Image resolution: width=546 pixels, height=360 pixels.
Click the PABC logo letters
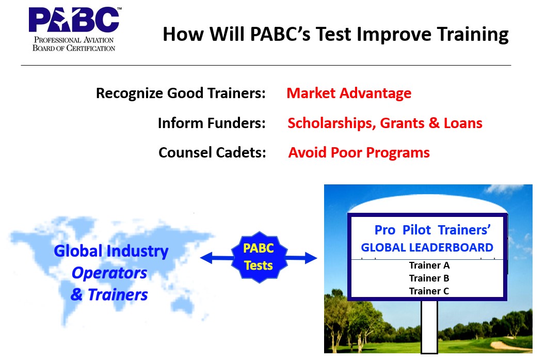[x=74, y=20]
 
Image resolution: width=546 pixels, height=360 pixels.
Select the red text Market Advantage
[x=349, y=93]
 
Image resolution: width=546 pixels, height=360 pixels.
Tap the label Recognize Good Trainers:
[x=181, y=93]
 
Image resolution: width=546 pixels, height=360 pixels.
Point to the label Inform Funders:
[x=212, y=123]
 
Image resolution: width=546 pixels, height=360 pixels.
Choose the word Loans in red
[x=463, y=123]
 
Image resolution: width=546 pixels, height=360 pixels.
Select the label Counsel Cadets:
[x=213, y=153]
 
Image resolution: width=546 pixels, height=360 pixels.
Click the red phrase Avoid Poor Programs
[x=359, y=153]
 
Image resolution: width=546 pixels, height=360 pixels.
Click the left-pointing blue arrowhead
[x=206, y=258]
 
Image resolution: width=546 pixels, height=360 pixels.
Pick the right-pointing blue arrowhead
[x=311, y=258]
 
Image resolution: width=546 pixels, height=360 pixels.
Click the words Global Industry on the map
[x=111, y=251]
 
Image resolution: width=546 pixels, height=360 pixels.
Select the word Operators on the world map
[x=109, y=273]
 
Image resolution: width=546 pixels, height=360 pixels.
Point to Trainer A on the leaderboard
[x=429, y=265]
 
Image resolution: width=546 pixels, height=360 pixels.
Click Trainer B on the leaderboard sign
[x=429, y=278]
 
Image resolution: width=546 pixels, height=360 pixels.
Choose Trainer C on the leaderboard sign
[x=429, y=291]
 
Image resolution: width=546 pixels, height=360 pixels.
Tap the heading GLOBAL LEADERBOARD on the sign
[x=427, y=247]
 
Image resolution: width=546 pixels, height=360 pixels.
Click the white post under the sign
[x=429, y=327]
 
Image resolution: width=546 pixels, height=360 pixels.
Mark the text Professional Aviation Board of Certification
[x=74, y=44]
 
